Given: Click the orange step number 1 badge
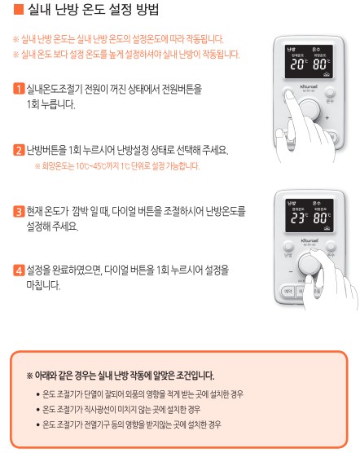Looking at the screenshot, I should [19, 87].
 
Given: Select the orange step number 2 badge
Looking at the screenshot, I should [19, 150].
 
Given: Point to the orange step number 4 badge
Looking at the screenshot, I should [19, 269].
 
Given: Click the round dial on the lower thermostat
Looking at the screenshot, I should [308, 265].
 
